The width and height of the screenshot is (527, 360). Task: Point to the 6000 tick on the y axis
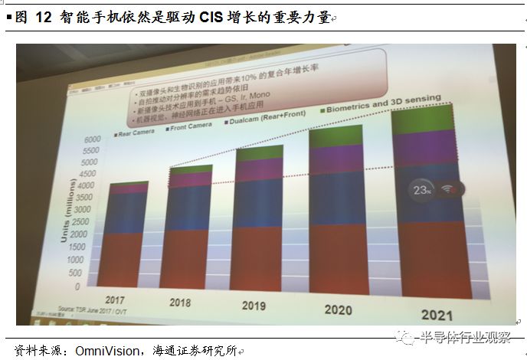tap(90, 140)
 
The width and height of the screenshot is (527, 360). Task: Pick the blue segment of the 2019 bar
tap(259, 202)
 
